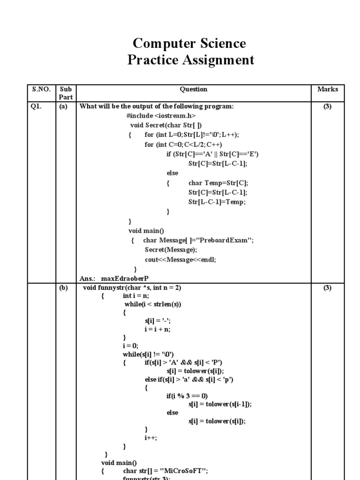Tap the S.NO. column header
[x=40, y=89]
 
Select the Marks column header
[x=327, y=89]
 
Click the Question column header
[x=194, y=89]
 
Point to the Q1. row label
[x=36, y=106]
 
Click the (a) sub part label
[x=63, y=106]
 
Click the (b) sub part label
[x=63, y=288]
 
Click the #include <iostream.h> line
[x=161, y=116]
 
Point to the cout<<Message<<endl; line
[x=180, y=259]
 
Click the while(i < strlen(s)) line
[x=153, y=304]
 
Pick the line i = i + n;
[x=158, y=329]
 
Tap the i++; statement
[x=151, y=437]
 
